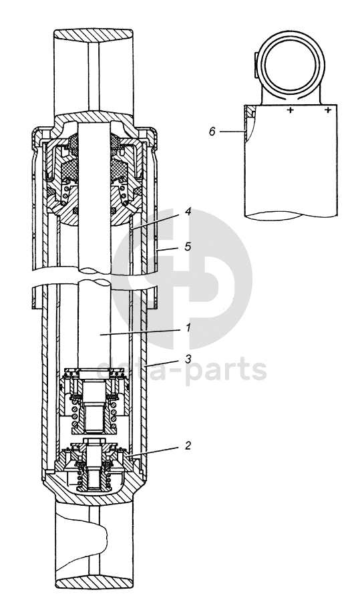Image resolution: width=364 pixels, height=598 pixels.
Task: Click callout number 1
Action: [x=188, y=327]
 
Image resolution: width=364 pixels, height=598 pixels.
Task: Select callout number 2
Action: [x=188, y=445]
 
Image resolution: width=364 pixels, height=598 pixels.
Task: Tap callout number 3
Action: [x=188, y=359]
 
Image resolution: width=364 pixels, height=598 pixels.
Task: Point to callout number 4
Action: [x=188, y=212]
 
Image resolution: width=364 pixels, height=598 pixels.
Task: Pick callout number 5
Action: [x=188, y=247]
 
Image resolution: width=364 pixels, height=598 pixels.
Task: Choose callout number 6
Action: [x=212, y=132]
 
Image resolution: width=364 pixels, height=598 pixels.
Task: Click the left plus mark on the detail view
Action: [x=291, y=110]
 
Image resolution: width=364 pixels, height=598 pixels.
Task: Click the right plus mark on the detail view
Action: [x=327, y=110]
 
